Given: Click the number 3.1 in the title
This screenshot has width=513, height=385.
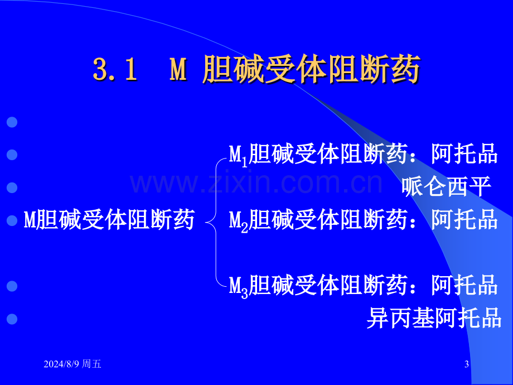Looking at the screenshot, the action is coord(115,69).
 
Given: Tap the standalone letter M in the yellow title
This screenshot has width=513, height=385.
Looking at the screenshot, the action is coord(178,69).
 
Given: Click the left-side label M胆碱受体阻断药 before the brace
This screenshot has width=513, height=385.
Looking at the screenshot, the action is coord(109,219).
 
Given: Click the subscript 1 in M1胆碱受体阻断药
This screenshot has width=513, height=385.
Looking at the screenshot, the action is coord(244,162).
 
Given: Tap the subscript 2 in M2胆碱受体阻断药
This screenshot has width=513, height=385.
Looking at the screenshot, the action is coord(244,228).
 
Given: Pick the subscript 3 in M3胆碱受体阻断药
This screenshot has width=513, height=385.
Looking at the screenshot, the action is coord(244,293).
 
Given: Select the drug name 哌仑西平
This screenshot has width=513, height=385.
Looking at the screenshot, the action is coord(446,186).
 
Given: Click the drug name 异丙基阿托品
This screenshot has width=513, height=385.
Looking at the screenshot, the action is coord(434,317).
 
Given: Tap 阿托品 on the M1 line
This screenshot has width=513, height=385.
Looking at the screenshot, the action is coord(464,153).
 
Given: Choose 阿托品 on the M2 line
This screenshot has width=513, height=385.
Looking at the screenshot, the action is coord(464,219).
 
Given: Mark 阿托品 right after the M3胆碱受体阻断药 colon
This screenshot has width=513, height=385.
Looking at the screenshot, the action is coord(464,285).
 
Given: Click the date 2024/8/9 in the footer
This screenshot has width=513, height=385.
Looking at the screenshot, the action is coord(61,364).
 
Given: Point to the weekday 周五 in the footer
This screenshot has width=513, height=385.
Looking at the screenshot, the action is coord(91,364).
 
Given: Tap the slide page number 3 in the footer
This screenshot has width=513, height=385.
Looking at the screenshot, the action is coord(467,364).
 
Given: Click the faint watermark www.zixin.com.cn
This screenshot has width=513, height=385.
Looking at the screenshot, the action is coord(256,184).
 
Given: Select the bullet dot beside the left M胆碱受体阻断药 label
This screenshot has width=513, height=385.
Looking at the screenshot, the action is coord(12,220).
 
